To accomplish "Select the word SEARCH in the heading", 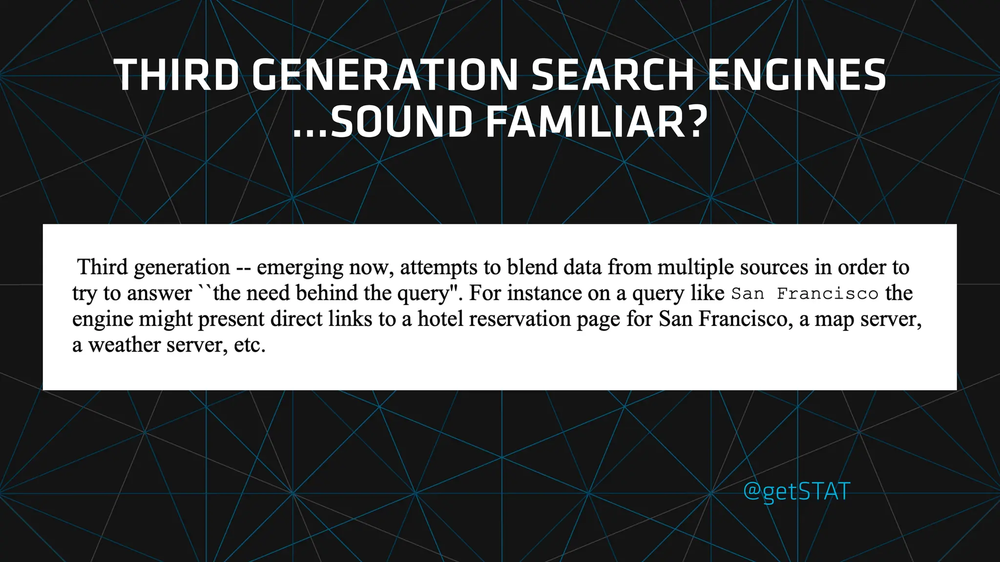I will [x=612, y=75].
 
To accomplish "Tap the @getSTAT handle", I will [x=796, y=491].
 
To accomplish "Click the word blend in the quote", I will [x=532, y=267].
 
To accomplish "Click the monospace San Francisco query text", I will [x=805, y=294].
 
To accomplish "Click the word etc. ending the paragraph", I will [x=250, y=345].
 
